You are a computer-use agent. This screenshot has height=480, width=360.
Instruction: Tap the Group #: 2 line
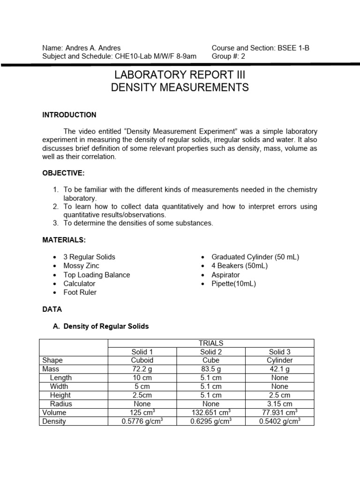tap(228, 56)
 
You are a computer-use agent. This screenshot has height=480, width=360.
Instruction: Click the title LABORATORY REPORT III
tap(180, 75)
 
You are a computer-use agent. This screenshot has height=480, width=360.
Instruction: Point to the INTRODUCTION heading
tap(69, 115)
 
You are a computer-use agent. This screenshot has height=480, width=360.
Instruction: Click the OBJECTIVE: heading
tap(63, 173)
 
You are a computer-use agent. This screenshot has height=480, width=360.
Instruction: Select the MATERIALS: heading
tap(64, 240)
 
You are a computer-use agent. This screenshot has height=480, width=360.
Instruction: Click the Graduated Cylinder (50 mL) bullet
tap(255, 257)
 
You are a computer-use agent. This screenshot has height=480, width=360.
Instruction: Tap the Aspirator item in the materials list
tap(225, 275)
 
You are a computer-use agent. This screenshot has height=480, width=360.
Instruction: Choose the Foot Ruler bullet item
tap(80, 292)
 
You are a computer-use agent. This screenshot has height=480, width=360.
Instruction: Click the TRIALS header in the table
tap(211, 343)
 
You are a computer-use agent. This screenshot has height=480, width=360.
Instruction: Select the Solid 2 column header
tap(211, 352)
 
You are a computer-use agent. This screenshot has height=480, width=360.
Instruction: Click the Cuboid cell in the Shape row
tap(142, 360)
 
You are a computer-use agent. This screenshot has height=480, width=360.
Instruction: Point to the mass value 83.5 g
tap(211, 369)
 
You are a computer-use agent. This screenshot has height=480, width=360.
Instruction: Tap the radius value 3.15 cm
tap(280, 404)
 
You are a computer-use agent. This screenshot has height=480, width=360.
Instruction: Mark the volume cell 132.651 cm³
tap(211, 412)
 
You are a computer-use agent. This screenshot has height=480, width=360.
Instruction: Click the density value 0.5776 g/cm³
tap(142, 421)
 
